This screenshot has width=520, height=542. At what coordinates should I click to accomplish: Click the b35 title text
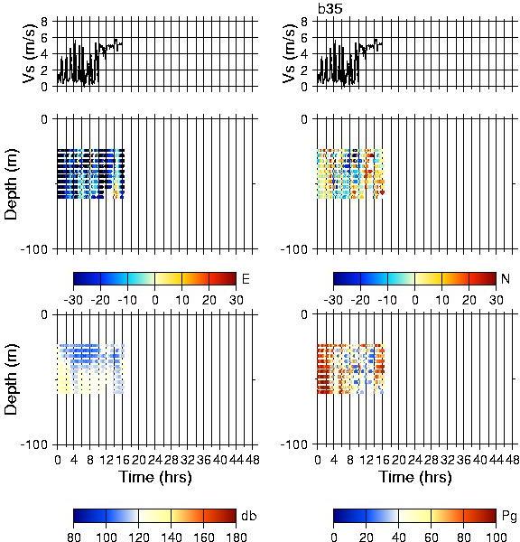(x=330, y=9)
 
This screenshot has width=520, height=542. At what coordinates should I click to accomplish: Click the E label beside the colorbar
(x=246, y=278)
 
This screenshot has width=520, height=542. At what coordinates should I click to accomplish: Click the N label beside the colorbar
(x=506, y=278)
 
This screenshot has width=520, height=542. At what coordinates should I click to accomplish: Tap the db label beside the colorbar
(x=249, y=516)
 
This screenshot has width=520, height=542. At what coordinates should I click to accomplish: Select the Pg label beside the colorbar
(x=509, y=516)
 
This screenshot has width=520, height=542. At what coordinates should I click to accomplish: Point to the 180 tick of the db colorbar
(x=236, y=537)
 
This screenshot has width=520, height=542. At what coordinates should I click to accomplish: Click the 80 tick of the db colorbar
(x=74, y=537)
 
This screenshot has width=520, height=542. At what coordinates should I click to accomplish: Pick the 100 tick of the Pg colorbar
(x=496, y=537)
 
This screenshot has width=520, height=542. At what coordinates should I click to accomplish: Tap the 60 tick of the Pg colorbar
(x=431, y=537)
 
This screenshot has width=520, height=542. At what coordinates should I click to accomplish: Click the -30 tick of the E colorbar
(x=73, y=300)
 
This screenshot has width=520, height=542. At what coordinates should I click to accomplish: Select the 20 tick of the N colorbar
(x=469, y=300)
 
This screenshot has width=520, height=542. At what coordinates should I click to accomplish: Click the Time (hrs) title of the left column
(x=155, y=477)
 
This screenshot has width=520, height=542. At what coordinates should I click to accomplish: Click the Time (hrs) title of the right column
(x=415, y=477)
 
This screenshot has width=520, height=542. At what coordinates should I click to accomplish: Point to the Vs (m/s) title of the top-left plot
(x=29, y=53)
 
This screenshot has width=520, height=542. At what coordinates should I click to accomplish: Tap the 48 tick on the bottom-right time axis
(x=512, y=460)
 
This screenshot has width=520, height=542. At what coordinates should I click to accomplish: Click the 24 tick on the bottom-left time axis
(x=154, y=460)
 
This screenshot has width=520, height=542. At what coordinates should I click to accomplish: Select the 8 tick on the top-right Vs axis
(x=304, y=22)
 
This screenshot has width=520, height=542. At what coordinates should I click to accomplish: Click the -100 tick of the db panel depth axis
(x=33, y=444)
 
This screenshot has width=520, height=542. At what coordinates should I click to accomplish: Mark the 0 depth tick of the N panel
(x=304, y=119)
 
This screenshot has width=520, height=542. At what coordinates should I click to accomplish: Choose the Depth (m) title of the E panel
(x=11, y=184)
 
